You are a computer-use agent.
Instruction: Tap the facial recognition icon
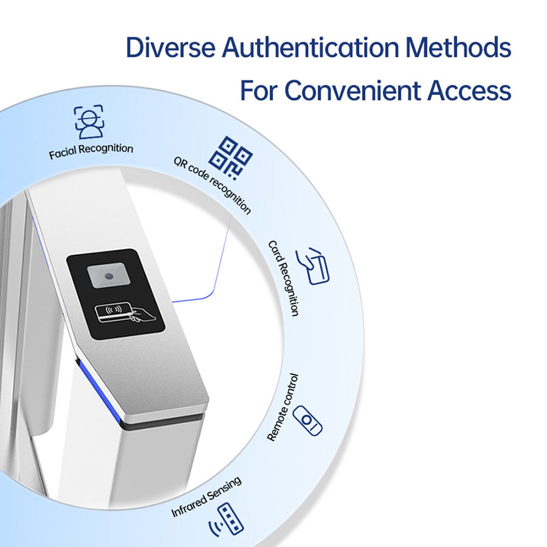point(89,122)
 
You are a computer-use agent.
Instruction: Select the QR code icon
point(234,154)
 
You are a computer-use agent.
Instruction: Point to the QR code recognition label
point(213,185)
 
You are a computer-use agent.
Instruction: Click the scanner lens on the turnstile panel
point(108,277)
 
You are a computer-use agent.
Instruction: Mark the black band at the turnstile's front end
point(164,422)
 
